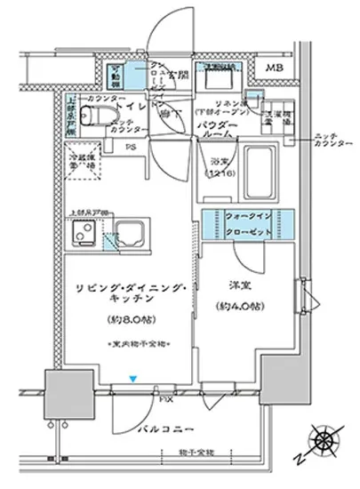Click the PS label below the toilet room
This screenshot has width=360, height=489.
point(131,147)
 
